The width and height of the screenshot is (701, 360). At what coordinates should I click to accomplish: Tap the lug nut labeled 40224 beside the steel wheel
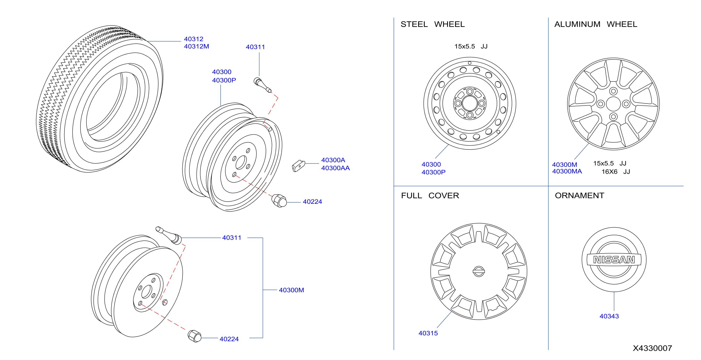point(279,201)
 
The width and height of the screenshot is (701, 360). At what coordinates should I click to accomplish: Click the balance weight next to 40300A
point(299,166)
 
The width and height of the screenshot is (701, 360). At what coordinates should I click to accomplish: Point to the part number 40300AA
point(335,168)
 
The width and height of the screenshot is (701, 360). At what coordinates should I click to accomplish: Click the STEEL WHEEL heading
point(432,24)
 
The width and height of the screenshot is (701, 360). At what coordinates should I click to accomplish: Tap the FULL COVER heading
point(430,196)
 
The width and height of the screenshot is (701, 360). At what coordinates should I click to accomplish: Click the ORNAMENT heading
point(579,196)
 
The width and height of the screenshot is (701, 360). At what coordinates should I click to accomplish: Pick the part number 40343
point(609,316)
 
